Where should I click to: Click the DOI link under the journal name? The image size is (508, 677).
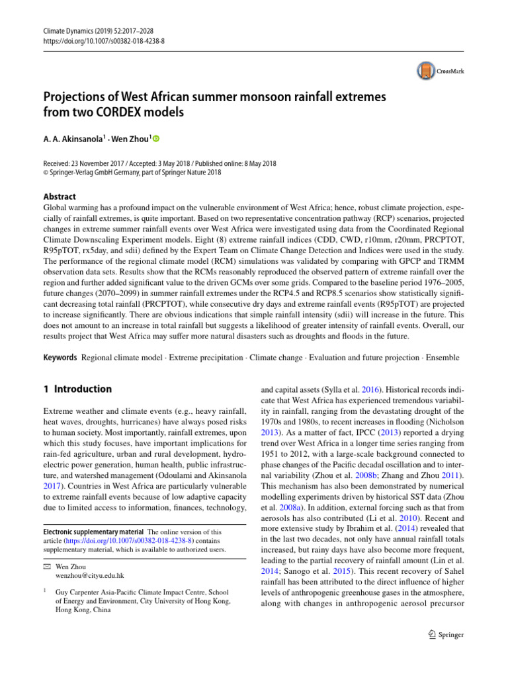point(95,40)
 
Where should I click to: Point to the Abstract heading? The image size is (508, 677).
point(59,196)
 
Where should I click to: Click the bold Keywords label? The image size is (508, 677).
point(59,357)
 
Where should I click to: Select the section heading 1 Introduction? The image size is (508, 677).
point(77,389)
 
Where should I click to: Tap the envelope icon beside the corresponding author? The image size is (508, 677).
point(46,567)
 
